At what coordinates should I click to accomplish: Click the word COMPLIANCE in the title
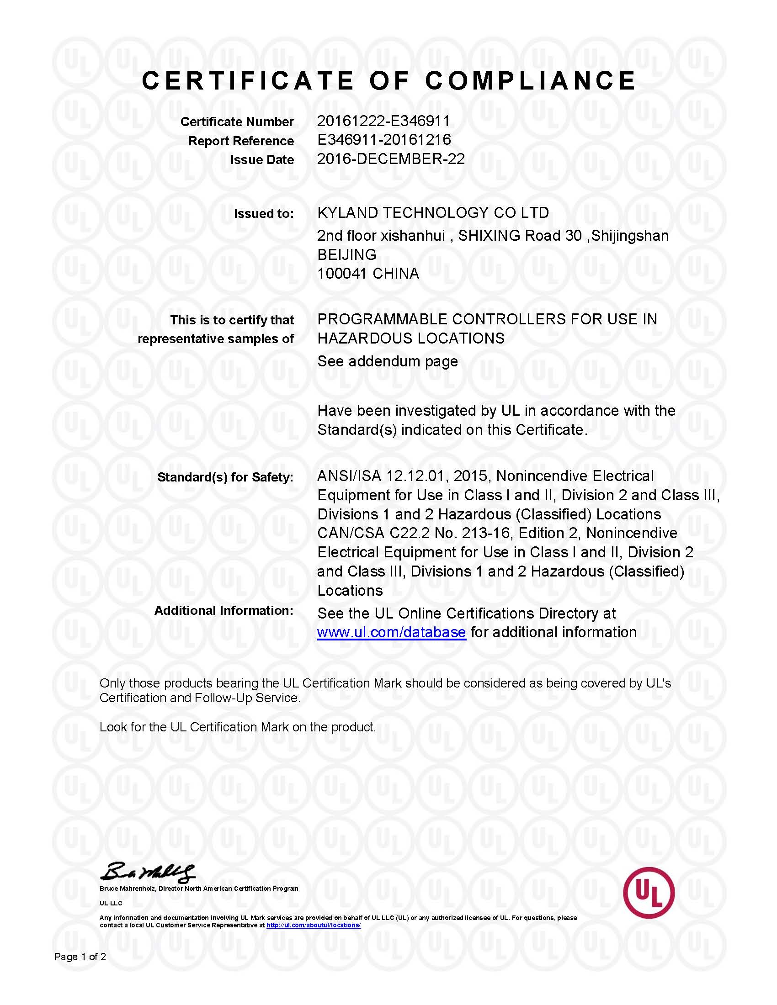[530, 81]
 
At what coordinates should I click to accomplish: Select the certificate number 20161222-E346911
[383, 121]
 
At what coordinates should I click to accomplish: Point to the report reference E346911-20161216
[384, 140]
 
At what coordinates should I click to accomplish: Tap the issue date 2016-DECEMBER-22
[391, 159]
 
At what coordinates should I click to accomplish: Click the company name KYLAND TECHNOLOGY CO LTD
[433, 213]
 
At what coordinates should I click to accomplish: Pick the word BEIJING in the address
[346, 254]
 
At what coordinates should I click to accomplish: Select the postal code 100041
[342, 274]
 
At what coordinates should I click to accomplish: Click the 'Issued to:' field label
[263, 214]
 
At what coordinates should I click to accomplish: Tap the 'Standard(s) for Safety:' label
[225, 477]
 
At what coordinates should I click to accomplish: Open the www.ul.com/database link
[391, 633]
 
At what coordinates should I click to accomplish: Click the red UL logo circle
[649, 893]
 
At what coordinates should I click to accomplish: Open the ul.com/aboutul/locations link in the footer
[314, 925]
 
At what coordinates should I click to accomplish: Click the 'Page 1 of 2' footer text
[80, 957]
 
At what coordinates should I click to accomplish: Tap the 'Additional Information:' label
[224, 611]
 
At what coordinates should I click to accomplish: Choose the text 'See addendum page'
[388, 361]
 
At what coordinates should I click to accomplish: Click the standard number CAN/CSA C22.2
[373, 533]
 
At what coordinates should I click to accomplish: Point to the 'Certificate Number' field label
[237, 122]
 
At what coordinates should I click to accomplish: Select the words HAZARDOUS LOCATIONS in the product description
[410, 339]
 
